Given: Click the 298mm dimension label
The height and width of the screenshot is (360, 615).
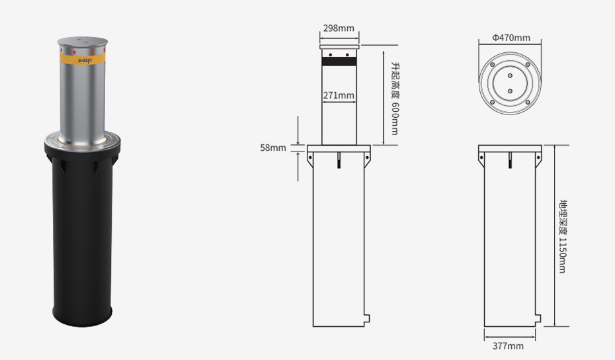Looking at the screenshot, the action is coord(339,28).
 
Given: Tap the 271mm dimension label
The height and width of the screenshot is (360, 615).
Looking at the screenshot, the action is coord(339,95).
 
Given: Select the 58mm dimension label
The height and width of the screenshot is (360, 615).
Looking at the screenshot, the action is coord(273,148).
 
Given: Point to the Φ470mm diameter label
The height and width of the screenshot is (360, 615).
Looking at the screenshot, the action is coord(511,38).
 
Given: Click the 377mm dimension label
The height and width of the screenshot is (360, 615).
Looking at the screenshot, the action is coord(508,346).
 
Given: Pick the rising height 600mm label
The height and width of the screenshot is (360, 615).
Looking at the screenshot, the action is coord(395,98).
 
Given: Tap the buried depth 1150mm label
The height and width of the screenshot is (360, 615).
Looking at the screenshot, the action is coord(563,236).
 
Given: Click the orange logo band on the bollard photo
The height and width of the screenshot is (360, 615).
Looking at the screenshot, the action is coord(83,60).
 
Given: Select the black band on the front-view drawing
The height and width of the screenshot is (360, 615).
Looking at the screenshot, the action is coord(339,62).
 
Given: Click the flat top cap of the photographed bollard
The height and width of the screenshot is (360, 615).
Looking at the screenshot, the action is coord(83,41).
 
